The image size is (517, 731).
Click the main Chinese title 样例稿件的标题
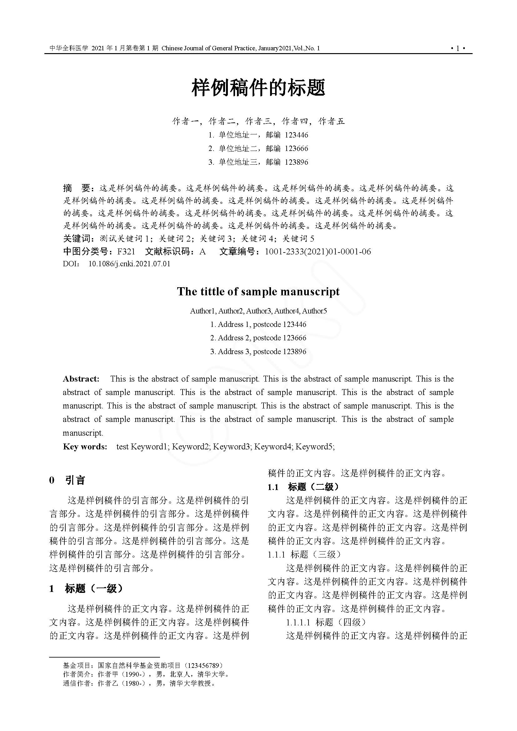pos(258,88)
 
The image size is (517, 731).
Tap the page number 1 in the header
pos(458,48)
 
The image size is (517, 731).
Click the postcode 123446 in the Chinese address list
pos(296,135)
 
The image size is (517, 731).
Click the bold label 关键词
pos(77,239)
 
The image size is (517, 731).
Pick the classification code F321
pos(126,252)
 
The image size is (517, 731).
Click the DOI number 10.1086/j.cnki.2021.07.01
pos(129,264)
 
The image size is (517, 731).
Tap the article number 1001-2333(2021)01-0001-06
pos(318,252)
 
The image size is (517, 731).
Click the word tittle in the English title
pos(213,291)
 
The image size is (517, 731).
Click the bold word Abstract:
pos(81,379)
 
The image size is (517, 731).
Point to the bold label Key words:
pos(85,447)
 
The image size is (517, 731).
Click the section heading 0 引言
pos(67,480)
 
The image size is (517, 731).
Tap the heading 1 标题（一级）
pos(86,589)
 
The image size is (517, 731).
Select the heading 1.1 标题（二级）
pos(304,487)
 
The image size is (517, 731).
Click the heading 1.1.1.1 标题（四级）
pos(326,622)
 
